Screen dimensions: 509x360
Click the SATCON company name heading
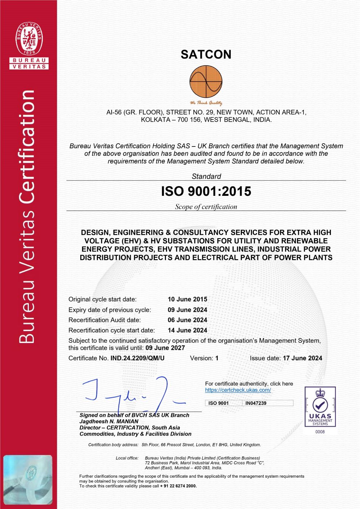206,54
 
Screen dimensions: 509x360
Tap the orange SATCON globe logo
206,82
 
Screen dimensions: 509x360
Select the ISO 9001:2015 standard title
206,191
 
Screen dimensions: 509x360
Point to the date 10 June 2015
187,299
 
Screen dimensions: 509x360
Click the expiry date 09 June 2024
187,310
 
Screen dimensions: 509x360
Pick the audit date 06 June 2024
187,320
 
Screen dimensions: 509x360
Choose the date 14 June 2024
187,330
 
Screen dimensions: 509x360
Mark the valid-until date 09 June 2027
165,348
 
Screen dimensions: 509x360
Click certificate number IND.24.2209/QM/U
138,358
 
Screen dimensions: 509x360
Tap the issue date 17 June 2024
302,358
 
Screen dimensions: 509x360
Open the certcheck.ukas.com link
238,390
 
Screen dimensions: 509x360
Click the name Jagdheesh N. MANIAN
109,421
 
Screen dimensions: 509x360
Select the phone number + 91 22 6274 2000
179,486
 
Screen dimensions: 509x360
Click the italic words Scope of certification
206,207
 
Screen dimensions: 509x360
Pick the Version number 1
217,358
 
